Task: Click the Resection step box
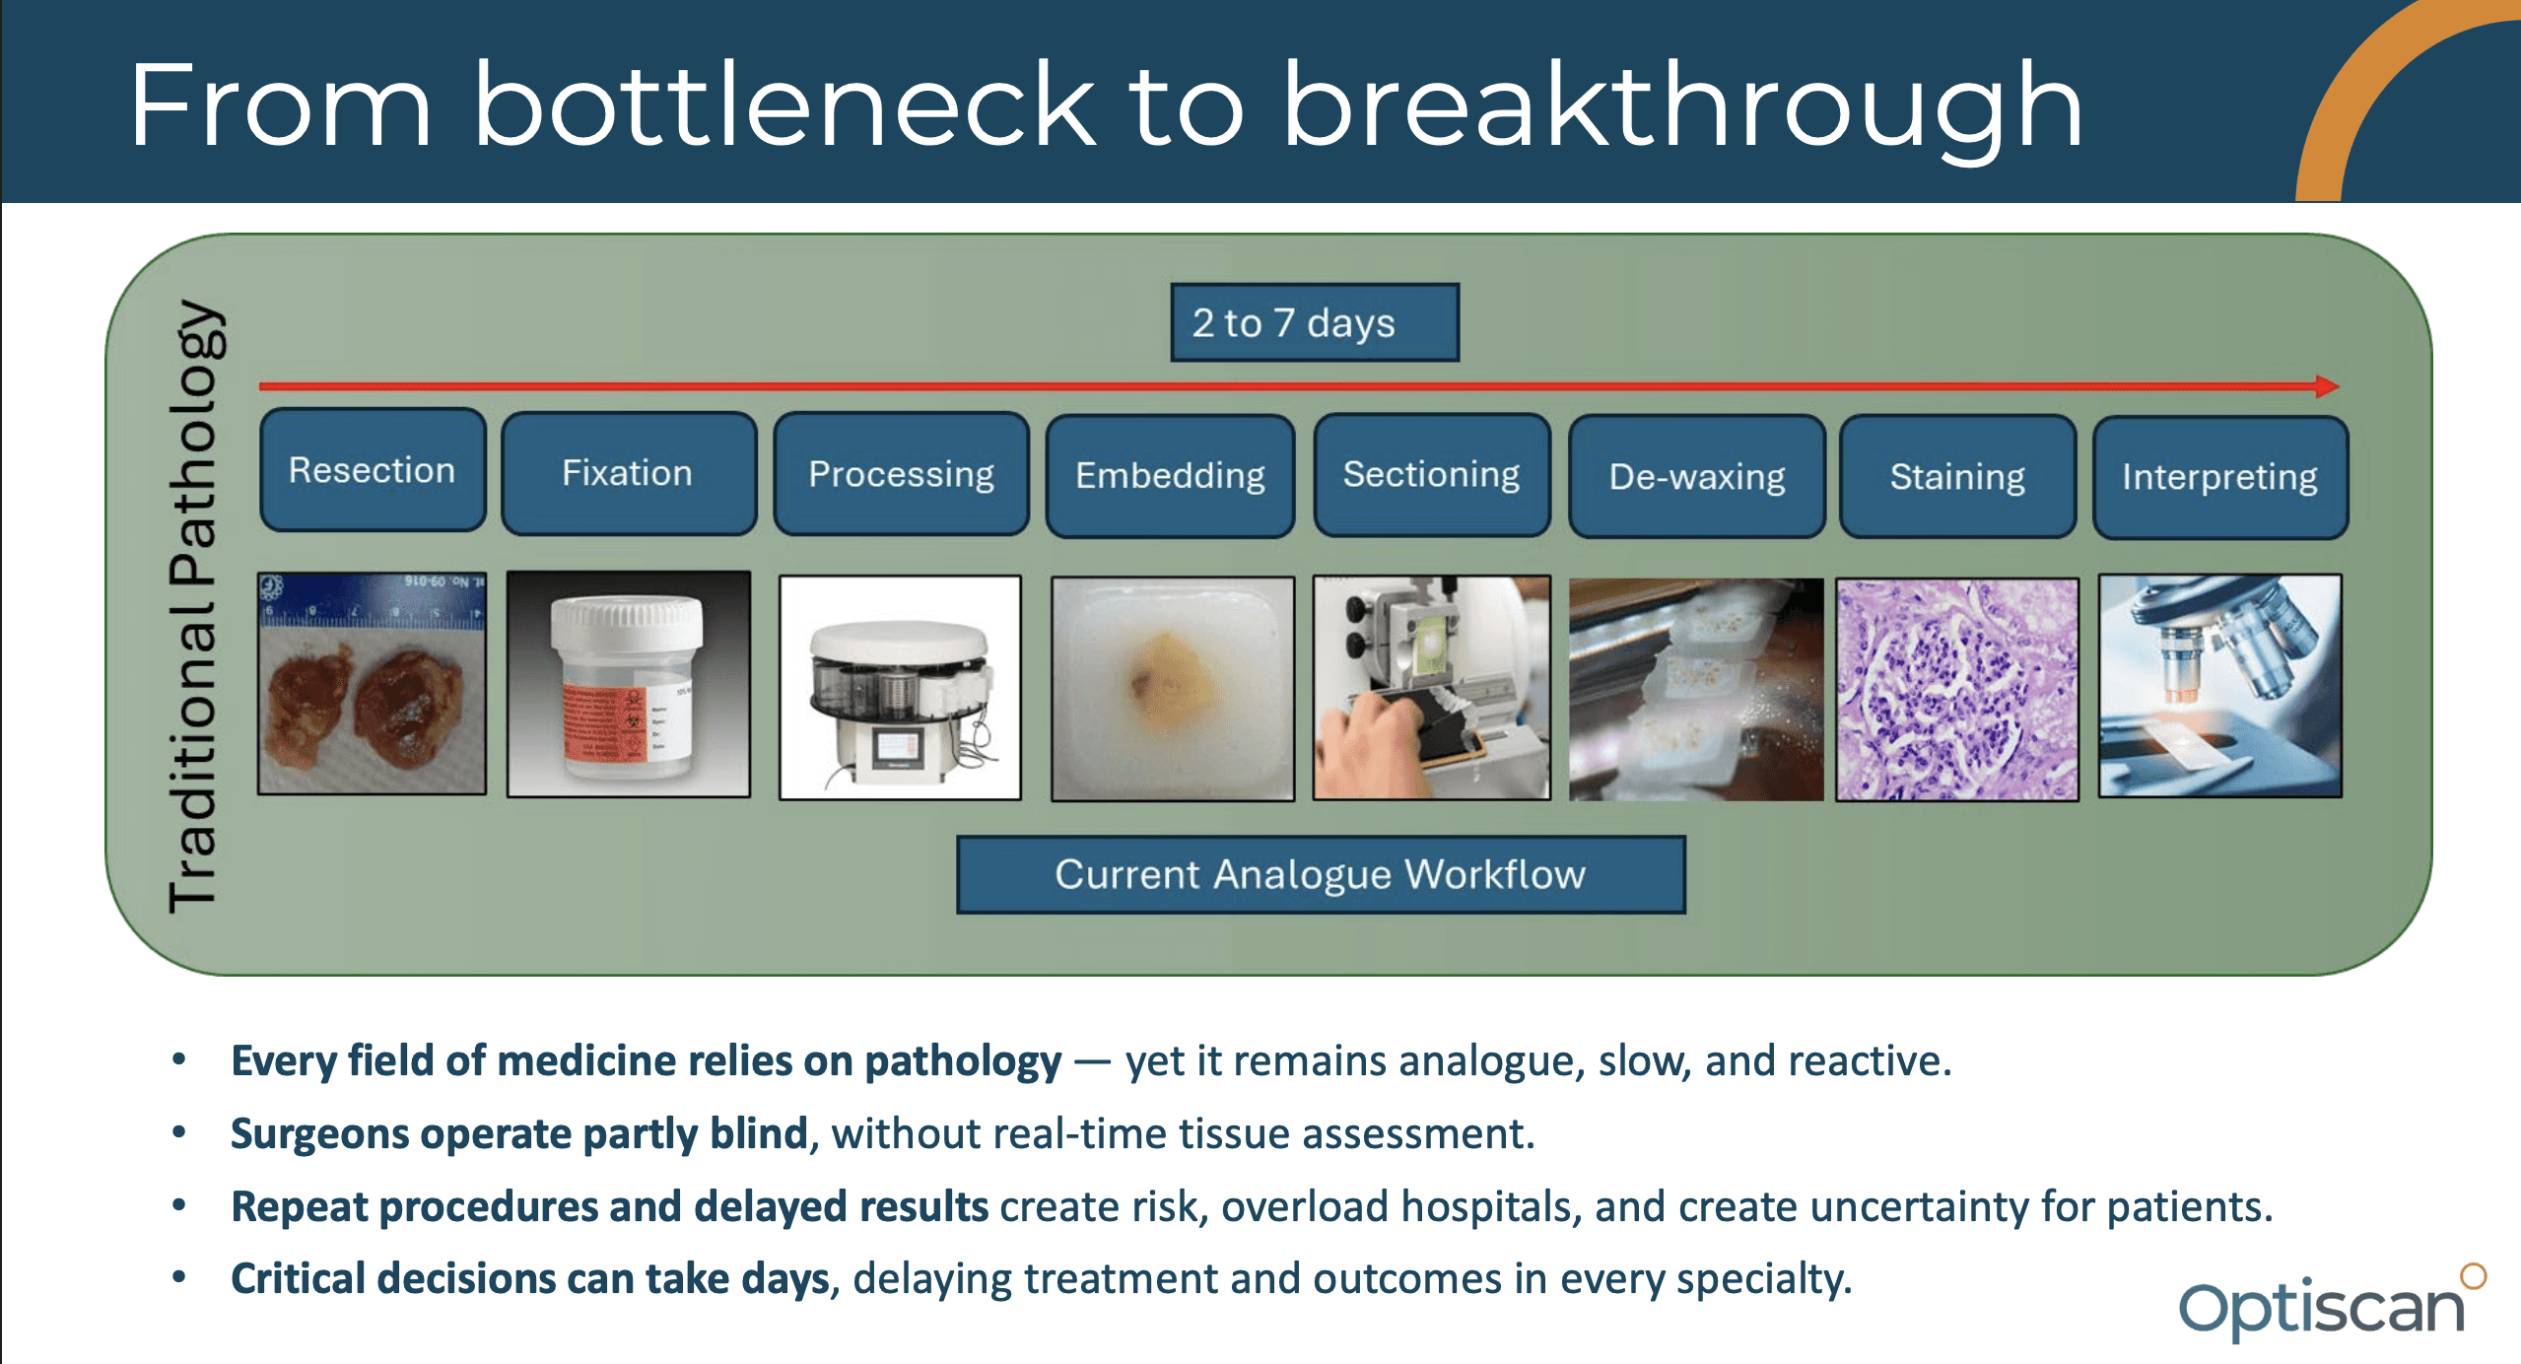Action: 373,470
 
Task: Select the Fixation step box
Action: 629,473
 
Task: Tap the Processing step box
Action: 901,474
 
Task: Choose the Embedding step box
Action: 1170,476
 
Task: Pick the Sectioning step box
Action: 1432,475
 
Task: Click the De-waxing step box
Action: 1696,477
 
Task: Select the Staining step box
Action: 1957,477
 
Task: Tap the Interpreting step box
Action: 2220,477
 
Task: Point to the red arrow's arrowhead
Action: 2328,385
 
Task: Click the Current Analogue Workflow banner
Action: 1321,874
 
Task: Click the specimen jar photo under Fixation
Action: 629,684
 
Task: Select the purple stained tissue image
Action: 1957,689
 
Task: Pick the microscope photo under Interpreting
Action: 2220,686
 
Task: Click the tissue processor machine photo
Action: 900,687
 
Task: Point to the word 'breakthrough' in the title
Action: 1682,105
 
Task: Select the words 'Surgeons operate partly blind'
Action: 519,1134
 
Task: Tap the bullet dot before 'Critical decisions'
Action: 179,1277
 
